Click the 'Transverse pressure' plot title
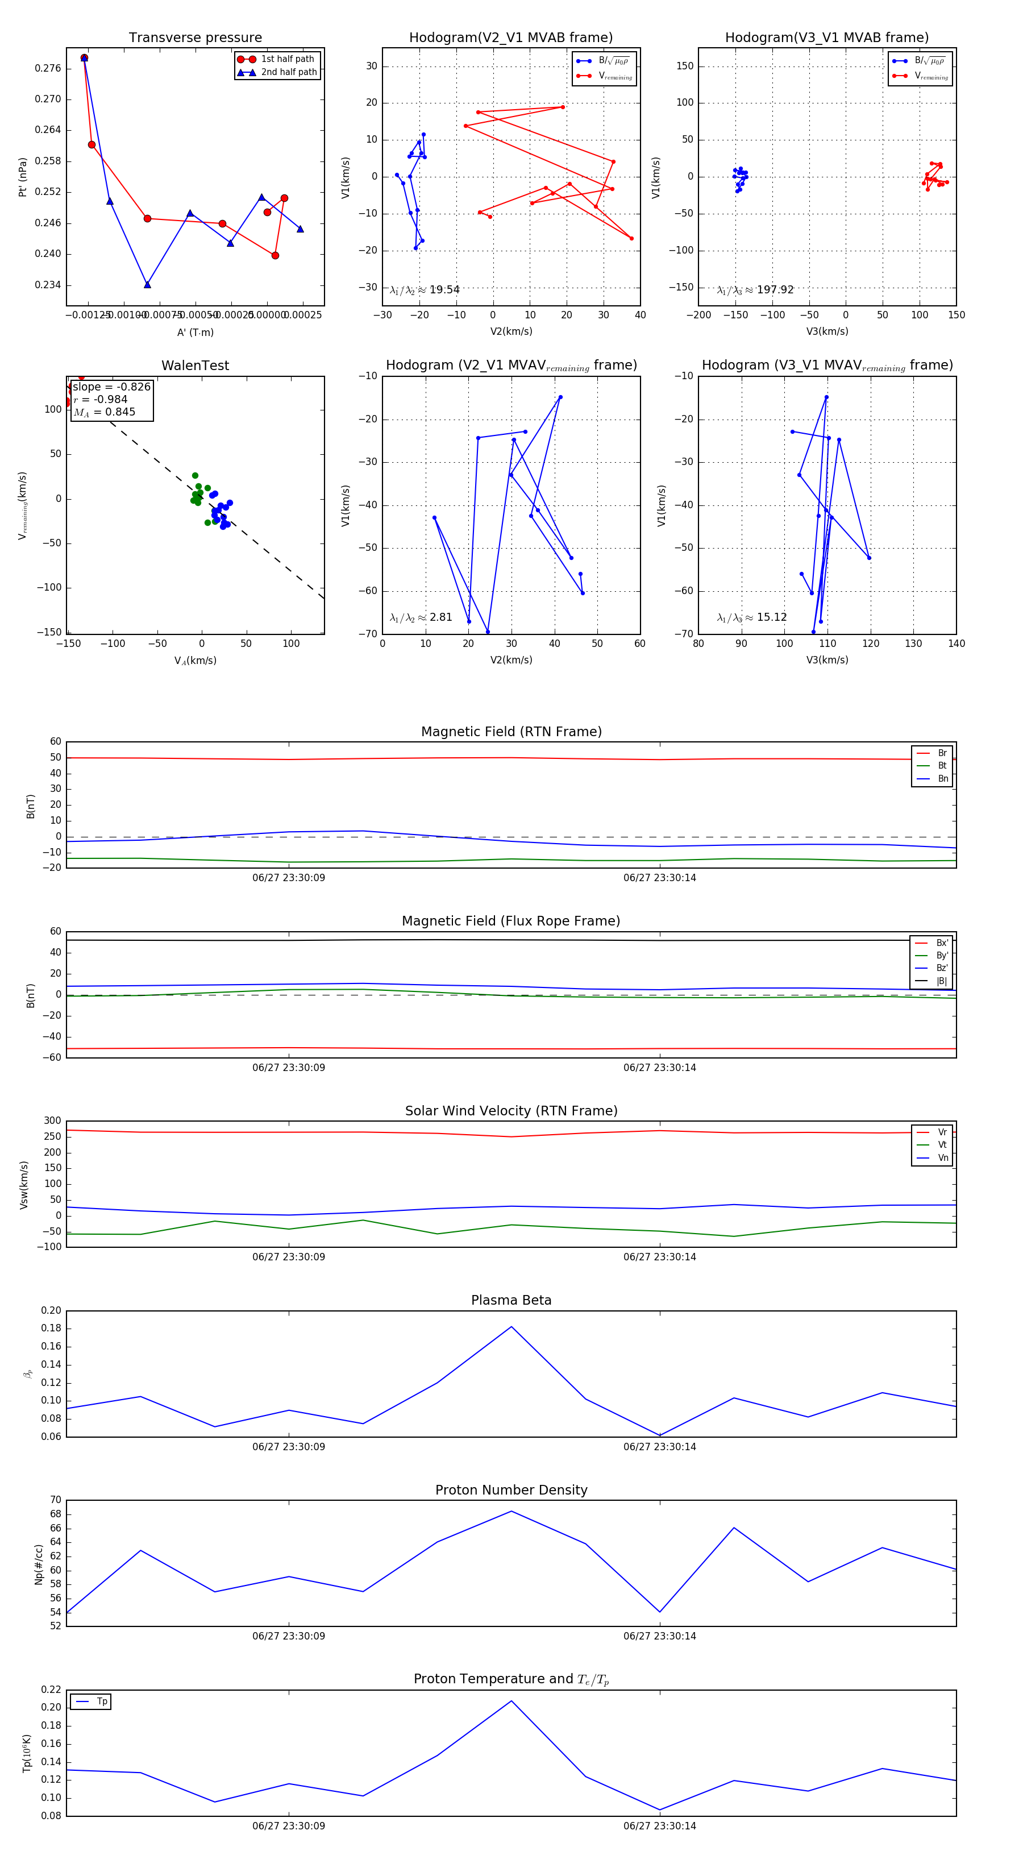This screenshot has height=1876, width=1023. point(195,38)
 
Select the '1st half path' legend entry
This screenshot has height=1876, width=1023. point(287,59)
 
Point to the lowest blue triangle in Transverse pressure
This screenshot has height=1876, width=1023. point(147,285)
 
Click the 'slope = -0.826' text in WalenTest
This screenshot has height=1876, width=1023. point(111,387)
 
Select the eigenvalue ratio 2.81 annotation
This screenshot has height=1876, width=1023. point(440,617)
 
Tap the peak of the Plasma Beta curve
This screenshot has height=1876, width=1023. point(511,1326)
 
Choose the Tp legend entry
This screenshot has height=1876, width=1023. point(101,1701)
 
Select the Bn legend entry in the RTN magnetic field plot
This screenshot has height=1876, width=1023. point(942,778)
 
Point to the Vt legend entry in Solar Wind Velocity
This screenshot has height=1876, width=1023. point(942,1145)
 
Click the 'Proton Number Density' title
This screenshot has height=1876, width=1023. point(511,1490)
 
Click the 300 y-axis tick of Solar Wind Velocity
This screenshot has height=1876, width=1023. point(52,1121)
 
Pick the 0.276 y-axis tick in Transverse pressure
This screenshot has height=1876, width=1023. point(48,68)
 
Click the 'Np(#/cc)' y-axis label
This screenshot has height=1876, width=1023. point(39,1564)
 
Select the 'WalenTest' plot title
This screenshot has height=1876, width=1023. point(195,366)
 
